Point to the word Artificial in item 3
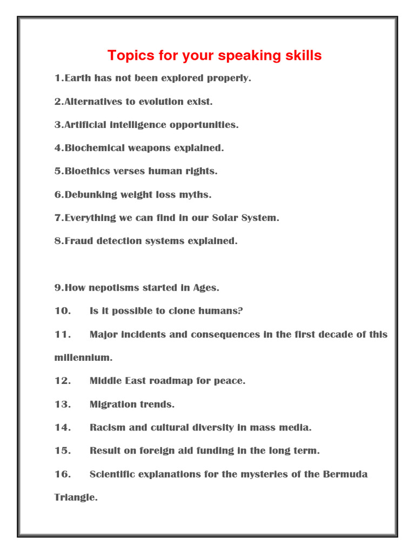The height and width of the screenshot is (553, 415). (x=85, y=125)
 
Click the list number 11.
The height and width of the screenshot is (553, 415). (x=63, y=334)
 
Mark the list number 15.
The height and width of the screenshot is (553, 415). (x=63, y=450)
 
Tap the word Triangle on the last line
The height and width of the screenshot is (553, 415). (x=76, y=497)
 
